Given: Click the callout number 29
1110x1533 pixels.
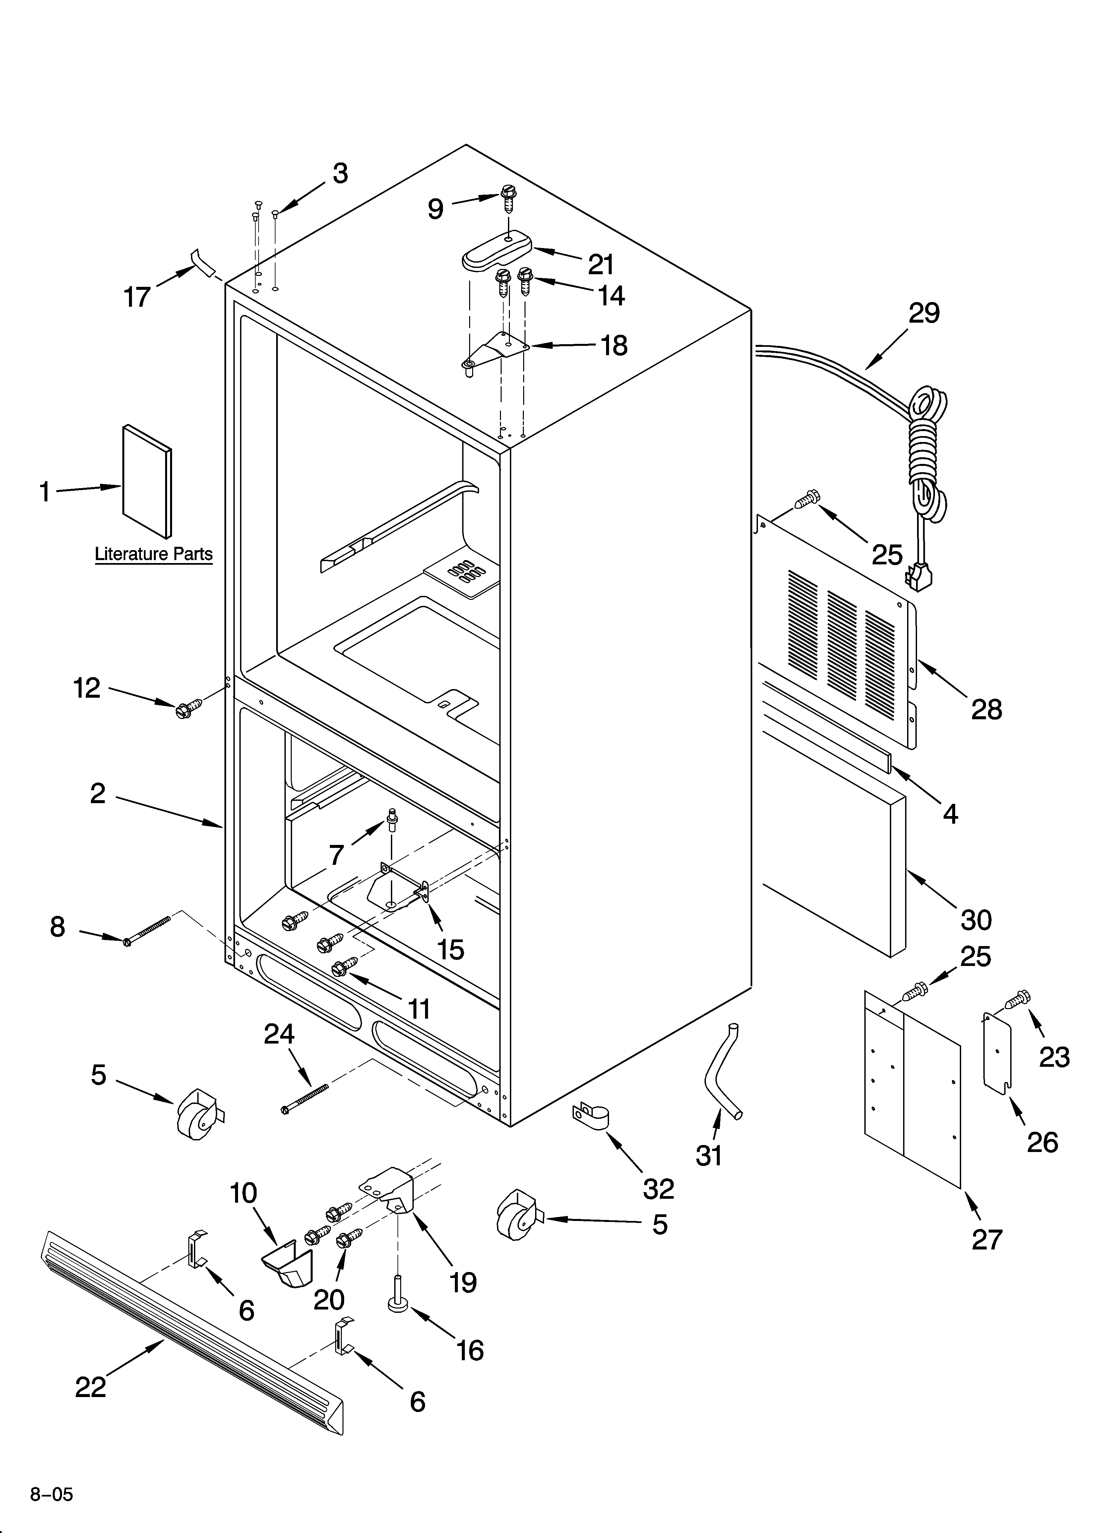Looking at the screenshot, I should point(923,313).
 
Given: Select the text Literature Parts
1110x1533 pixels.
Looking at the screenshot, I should point(154,554).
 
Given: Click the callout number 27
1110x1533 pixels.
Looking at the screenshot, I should point(986,1240).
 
